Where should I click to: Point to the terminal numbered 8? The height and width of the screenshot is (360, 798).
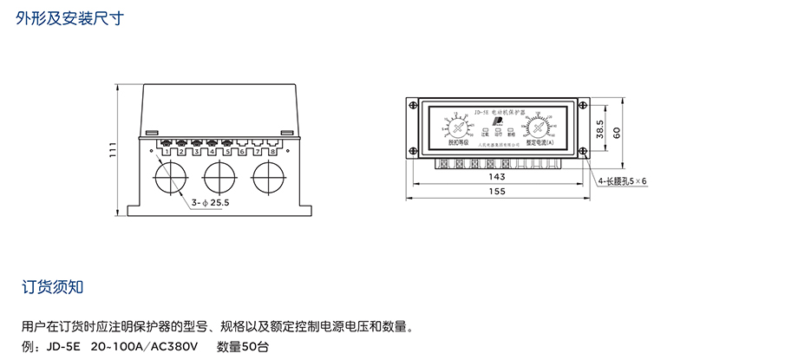[x=273, y=151]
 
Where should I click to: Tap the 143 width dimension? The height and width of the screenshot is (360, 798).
[x=497, y=176]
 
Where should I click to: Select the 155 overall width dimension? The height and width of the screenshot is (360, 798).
[x=497, y=192]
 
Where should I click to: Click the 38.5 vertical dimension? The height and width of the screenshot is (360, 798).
[x=599, y=130]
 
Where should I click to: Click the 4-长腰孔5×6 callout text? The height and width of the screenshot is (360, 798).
[x=622, y=181]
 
